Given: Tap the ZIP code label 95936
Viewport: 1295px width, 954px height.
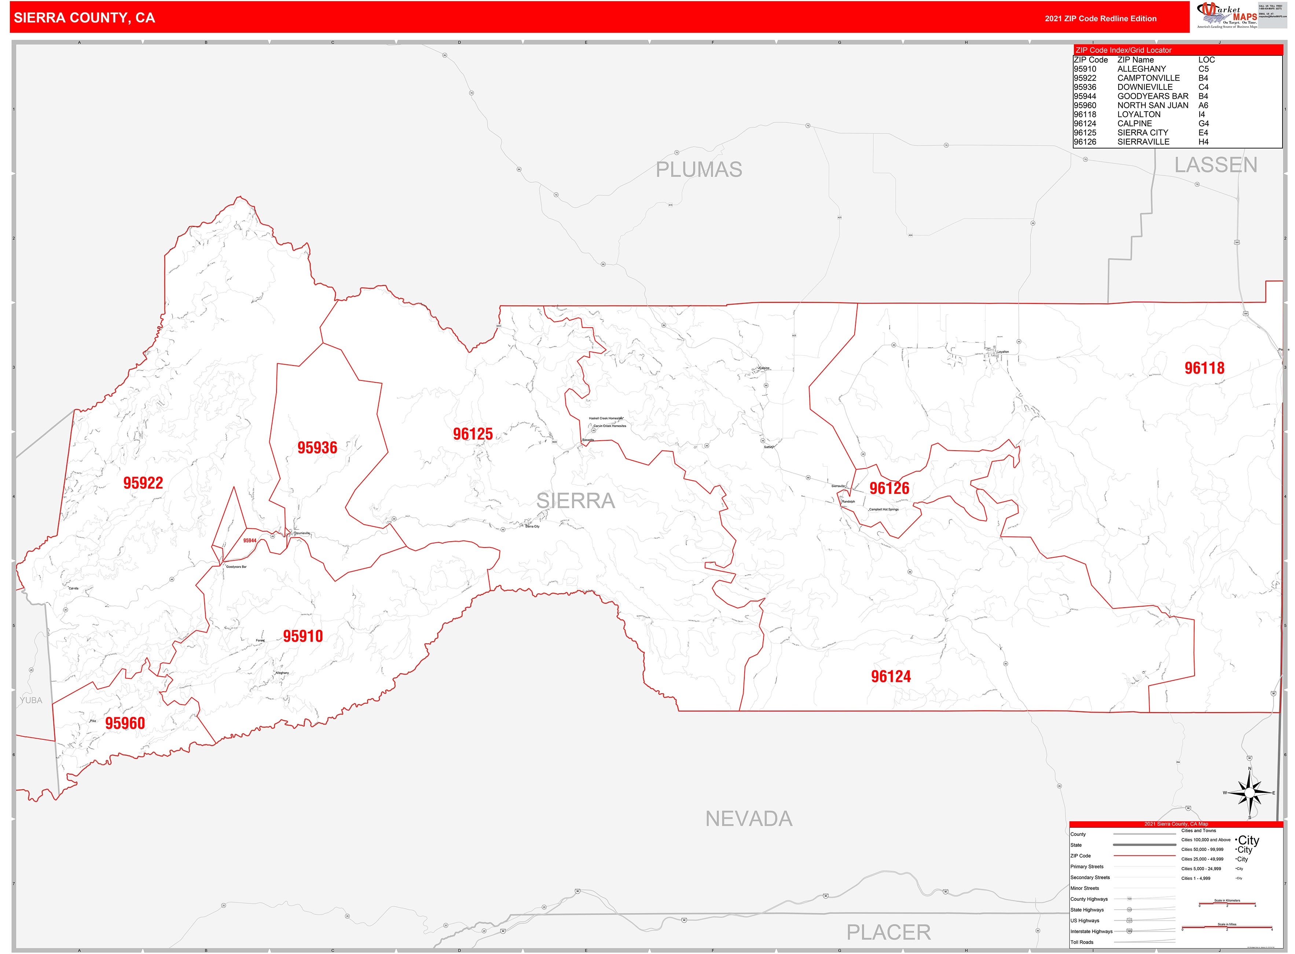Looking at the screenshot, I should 317,448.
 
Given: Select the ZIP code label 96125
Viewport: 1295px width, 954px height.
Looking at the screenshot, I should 473,434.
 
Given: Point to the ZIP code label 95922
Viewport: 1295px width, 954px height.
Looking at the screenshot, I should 143,483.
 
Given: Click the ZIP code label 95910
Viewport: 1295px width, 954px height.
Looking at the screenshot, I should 302,636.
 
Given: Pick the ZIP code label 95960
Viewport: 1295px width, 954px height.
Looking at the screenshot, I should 125,724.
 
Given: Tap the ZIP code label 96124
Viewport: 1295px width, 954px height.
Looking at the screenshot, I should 891,677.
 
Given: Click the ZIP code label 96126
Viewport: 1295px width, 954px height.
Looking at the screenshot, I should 889,488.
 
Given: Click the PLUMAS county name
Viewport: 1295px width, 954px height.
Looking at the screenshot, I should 698,170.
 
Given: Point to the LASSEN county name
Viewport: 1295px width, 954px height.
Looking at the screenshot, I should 1215,165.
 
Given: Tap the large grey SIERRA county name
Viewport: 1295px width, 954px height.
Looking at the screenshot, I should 575,501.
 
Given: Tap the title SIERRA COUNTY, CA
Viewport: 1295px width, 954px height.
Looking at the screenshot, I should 84,18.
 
